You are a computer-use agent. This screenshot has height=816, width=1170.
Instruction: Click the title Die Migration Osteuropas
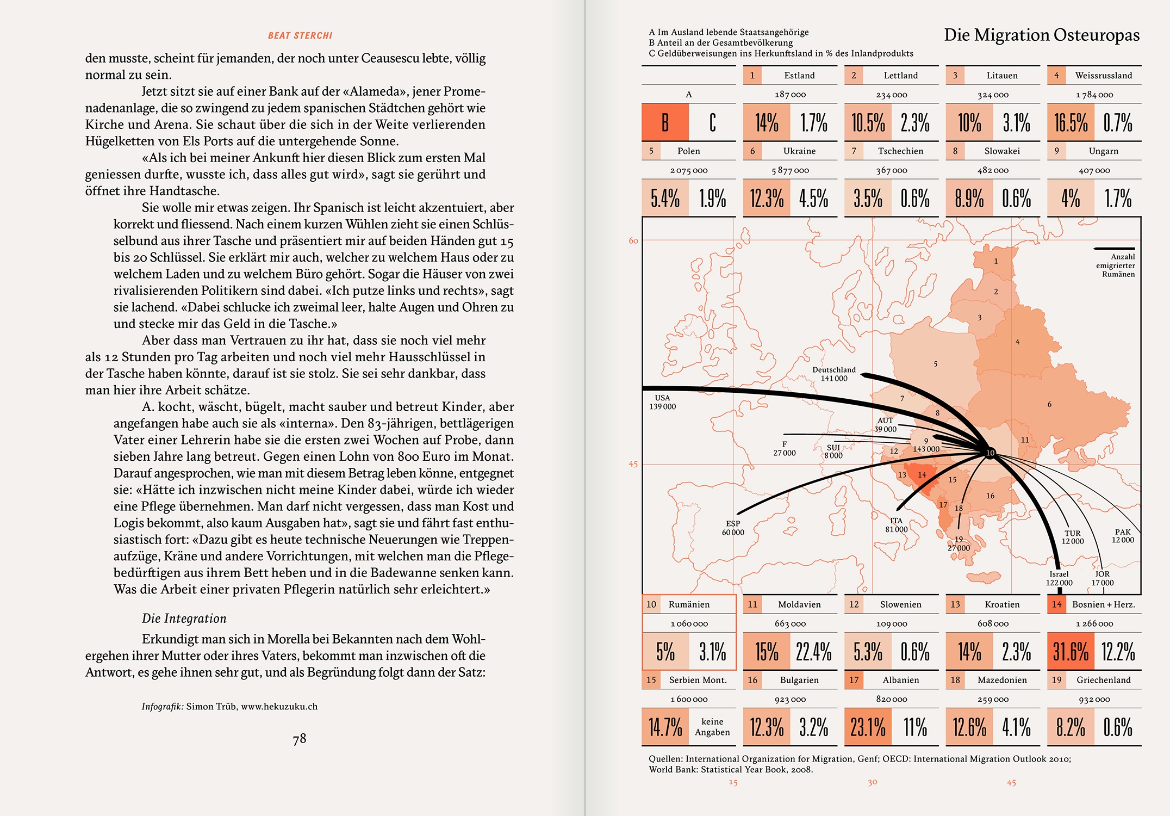click(1041, 35)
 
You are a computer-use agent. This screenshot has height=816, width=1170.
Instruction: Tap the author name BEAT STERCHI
click(300, 36)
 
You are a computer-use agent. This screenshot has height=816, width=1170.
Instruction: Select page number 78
click(300, 739)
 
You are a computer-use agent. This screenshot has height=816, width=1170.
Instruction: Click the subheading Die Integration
click(184, 619)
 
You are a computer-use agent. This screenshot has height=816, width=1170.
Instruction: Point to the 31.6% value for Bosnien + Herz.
click(1071, 652)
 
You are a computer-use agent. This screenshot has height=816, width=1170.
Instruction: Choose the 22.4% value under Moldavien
click(813, 652)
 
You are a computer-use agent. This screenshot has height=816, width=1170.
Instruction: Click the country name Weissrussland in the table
click(1103, 76)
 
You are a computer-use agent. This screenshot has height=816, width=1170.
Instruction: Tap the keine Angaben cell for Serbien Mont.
click(712, 727)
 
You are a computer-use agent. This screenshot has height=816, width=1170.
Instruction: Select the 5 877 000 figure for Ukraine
click(790, 171)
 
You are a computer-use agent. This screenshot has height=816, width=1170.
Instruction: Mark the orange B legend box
click(665, 123)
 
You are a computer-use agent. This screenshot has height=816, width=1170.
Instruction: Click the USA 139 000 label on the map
click(662, 403)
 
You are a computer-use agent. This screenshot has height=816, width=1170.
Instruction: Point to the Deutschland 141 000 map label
click(834, 374)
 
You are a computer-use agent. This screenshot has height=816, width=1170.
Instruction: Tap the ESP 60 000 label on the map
click(733, 528)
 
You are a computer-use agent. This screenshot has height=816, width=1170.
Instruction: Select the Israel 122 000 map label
click(1059, 578)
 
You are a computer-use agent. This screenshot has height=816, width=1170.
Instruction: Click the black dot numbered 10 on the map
click(990, 453)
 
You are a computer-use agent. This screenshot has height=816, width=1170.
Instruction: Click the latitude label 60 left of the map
click(633, 241)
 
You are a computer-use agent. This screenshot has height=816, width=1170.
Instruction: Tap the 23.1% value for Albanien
click(868, 727)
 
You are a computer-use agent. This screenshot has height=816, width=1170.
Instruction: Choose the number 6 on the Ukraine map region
click(1049, 405)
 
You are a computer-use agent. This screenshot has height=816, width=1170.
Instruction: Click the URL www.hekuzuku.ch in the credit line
click(279, 707)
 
